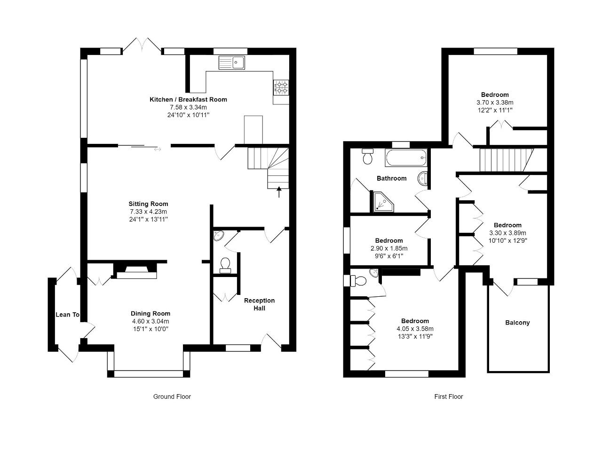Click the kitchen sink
pyautogui.click(x=231, y=63)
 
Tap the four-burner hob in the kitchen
pyautogui.click(x=281, y=87)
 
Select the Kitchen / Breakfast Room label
pyautogui.click(x=188, y=99)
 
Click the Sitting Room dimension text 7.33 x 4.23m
pyautogui.click(x=148, y=212)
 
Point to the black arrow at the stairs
pyautogui.click(x=279, y=192)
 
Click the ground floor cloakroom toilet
pyautogui.click(x=225, y=265)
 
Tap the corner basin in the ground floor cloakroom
pyautogui.click(x=218, y=236)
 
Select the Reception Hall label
pyautogui.click(x=259, y=304)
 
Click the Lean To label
pyautogui.click(x=67, y=315)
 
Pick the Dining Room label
pyautogui.click(x=150, y=313)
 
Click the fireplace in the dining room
pyautogui.click(x=136, y=271)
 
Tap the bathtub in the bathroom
pyautogui.click(x=406, y=158)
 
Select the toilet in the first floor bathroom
pyautogui.click(x=367, y=156)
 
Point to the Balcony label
pyautogui.click(x=517, y=323)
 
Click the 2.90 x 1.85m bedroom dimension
pyautogui.click(x=389, y=248)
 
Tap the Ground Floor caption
pyautogui.click(x=172, y=396)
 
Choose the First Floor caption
pyautogui.click(x=448, y=396)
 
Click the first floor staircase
pyautogui.click(x=506, y=159)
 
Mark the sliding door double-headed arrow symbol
pyautogui.click(x=158, y=149)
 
